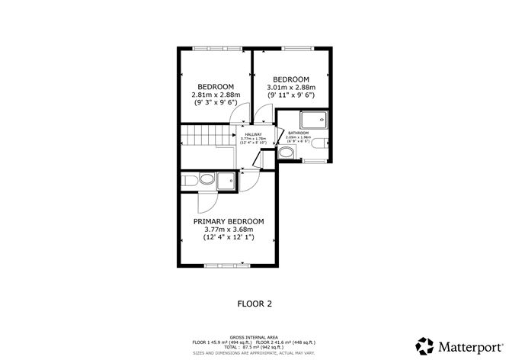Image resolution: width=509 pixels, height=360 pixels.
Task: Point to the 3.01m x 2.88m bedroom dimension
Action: [290, 88]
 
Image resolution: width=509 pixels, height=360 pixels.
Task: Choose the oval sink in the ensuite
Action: [188, 181]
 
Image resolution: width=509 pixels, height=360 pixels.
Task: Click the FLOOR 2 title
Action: [253, 303]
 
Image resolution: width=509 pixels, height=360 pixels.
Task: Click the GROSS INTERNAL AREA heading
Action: [254, 336]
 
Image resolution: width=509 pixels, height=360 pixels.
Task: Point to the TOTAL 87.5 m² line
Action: [254, 347]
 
